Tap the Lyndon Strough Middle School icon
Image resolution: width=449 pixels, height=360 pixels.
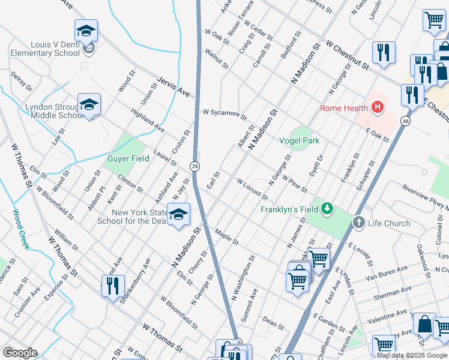pyautogui.click(x=89, y=106)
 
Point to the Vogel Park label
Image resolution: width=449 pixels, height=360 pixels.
pyautogui.click(x=299, y=140)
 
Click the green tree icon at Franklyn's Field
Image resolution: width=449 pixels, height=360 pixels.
pyautogui.click(x=327, y=209)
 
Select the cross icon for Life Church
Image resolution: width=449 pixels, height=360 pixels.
pyautogui.click(x=359, y=223)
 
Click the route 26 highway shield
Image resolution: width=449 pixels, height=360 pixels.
pyautogui.click(x=195, y=166)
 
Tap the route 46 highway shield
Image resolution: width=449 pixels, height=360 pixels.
pyautogui.click(x=406, y=121)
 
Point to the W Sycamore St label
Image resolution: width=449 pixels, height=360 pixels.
pyautogui.click(x=224, y=113)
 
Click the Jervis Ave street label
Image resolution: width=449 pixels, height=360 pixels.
pyautogui.click(x=173, y=87)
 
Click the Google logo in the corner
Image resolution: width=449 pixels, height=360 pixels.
pyautogui.click(x=20, y=353)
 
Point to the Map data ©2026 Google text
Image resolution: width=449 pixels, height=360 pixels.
pyautogui.click(x=411, y=355)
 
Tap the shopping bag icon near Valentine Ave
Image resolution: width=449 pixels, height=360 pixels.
pyautogui.click(x=424, y=324)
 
